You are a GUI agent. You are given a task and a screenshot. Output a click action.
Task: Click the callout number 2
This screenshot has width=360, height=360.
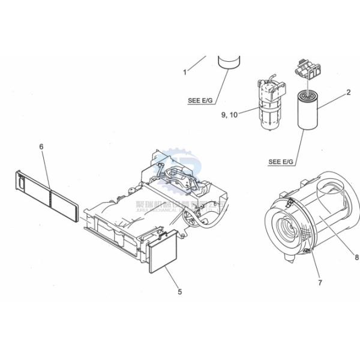pyautogui.click(x=348, y=92)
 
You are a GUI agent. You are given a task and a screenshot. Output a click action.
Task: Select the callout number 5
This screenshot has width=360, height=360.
pyautogui.click(x=179, y=292)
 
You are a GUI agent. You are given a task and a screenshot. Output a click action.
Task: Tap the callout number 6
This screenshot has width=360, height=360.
pyautogui.click(x=42, y=146)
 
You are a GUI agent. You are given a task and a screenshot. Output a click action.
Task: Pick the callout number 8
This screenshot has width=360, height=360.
pyautogui.click(x=356, y=258)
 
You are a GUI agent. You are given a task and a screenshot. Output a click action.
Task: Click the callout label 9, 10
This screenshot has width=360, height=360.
pyautogui.click(x=230, y=115)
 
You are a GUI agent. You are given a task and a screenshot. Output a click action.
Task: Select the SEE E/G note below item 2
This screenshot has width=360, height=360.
pyautogui.click(x=280, y=161)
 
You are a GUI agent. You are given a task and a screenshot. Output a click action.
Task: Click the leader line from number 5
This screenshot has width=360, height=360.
pyautogui.click(x=171, y=277)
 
